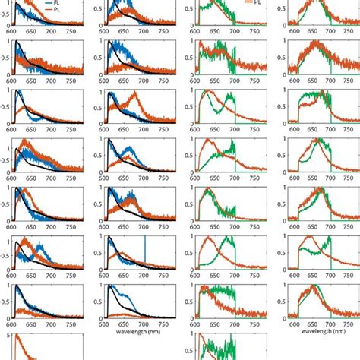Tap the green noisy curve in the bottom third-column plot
pyautogui.click(x=216, y=349)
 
